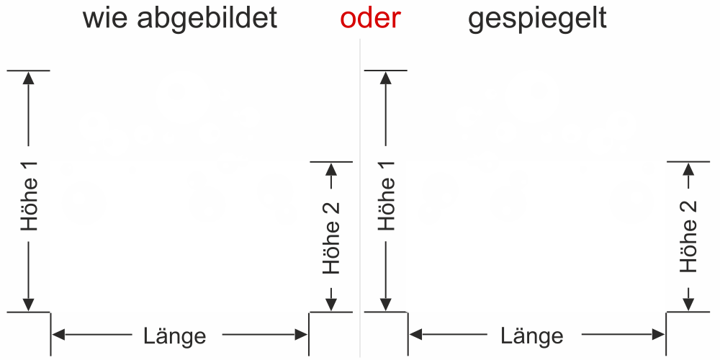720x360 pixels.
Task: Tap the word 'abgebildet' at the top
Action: pyautogui.click(x=207, y=19)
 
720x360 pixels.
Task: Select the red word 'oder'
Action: pyautogui.click(x=371, y=19)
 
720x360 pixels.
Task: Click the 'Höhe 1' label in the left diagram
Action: pyautogui.click(x=30, y=196)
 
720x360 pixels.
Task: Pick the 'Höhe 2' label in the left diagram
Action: pyautogui.click(x=331, y=238)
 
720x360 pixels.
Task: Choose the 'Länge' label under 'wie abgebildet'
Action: pyautogui.click(x=175, y=336)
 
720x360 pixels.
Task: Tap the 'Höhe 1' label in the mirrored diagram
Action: pyautogui.click(x=387, y=196)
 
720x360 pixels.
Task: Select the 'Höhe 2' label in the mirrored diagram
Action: pyautogui.click(x=688, y=236)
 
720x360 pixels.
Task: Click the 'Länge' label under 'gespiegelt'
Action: pyautogui.click(x=532, y=336)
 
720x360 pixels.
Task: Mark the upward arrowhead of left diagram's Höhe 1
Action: pyautogui.click(x=29, y=78)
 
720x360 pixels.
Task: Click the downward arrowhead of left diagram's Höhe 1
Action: pyautogui.click(x=29, y=305)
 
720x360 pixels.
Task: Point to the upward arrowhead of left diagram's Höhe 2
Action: pyautogui.click(x=331, y=169)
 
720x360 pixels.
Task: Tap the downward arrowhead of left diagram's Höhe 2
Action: pyautogui.click(x=331, y=305)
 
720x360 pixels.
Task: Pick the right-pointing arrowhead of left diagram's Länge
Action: pyautogui.click(x=301, y=335)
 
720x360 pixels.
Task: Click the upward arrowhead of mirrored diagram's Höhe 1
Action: pyautogui.click(x=386, y=78)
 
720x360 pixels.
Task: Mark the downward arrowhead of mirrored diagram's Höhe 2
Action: pyautogui.click(x=688, y=305)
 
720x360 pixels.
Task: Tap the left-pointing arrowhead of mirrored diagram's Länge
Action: pyautogui.click(x=415, y=335)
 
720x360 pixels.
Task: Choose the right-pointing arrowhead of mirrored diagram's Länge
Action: pyautogui.click(x=658, y=335)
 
